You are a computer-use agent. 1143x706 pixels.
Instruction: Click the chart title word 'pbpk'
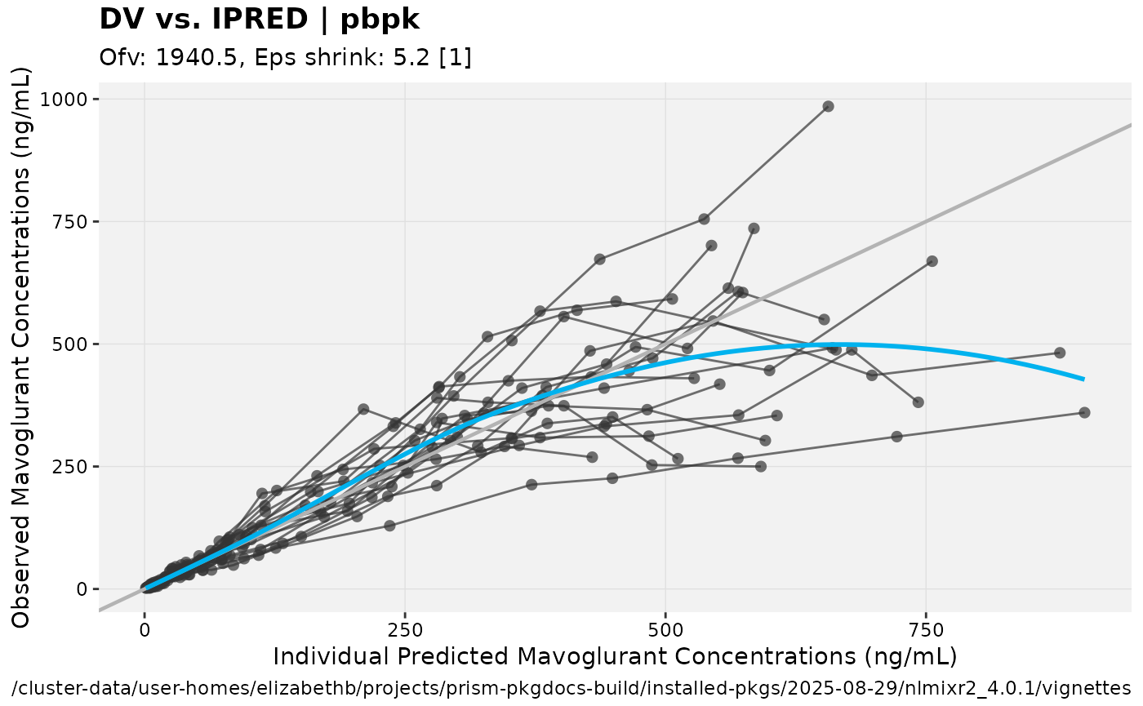point(380,20)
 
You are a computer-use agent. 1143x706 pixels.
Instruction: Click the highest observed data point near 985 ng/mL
point(828,106)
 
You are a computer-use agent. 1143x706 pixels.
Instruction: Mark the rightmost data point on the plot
point(1084,412)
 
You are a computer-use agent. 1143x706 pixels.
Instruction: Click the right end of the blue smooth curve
point(1083,379)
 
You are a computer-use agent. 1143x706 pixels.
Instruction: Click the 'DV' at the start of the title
point(118,20)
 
